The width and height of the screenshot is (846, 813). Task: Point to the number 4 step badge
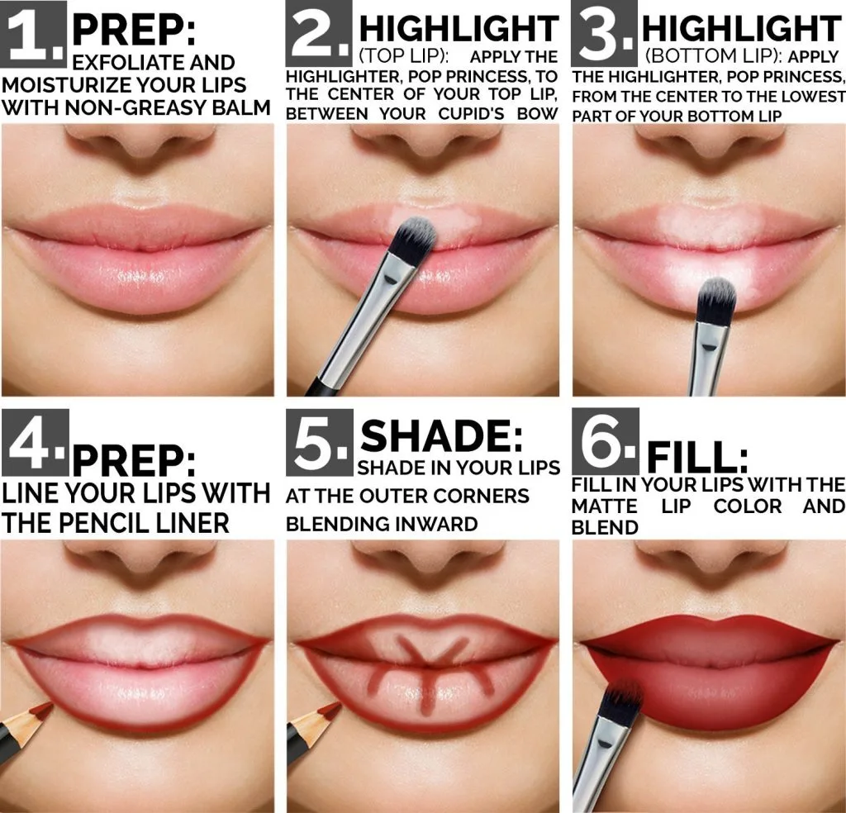click(35, 442)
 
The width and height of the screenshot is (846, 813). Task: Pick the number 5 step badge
click(320, 442)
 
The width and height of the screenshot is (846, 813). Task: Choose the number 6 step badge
click(606, 441)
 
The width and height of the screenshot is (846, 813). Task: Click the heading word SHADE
click(441, 436)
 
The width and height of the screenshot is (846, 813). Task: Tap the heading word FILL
click(697, 458)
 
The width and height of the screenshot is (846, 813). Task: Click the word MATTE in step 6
click(604, 506)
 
